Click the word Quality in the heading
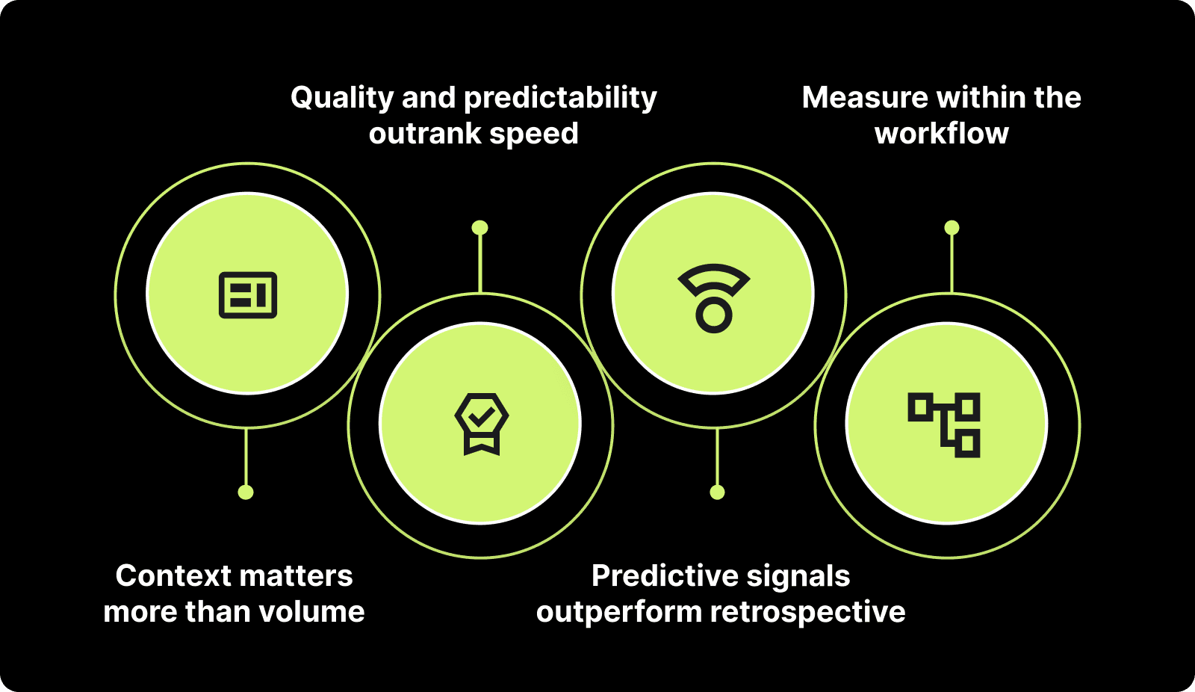point(341,98)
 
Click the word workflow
point(941,134)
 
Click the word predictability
point(560,98)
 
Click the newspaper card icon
point(248,295)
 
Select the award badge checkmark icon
point(482,424)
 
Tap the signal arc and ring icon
point(714,297)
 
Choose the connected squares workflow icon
point(945,424)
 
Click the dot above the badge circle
point(480,227)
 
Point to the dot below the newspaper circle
point(246,492)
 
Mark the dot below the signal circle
point(717,492)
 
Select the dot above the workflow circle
point(952,227)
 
